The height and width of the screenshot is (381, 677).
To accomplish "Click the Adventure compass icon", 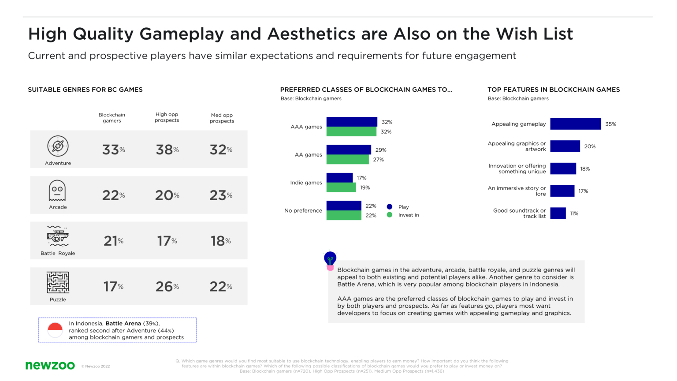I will [58, 146].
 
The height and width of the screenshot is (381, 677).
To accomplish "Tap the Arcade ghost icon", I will [57, 190].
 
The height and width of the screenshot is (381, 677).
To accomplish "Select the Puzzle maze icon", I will [58, 283].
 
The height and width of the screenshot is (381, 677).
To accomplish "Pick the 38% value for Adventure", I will [167, 150].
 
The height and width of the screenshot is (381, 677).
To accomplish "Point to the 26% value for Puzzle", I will [167, 287].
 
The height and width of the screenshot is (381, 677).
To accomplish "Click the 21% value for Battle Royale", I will [113, 241].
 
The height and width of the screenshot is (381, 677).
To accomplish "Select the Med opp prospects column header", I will [222, 118].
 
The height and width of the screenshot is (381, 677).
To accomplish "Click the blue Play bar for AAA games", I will [352, 122].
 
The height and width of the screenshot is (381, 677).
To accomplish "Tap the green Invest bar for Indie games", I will [341, 187].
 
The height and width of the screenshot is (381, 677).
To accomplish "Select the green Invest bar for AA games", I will [347, 159].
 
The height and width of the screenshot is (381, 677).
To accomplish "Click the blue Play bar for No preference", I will [344, 205].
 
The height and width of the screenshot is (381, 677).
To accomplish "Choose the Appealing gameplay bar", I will [575, 124].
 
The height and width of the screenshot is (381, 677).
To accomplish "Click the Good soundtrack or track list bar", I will [558, 213].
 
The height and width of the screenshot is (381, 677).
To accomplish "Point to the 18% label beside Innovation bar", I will [585, 169].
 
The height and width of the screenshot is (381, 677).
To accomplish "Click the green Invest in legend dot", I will [389, 215].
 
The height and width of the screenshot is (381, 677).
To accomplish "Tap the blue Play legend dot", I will [389, 207].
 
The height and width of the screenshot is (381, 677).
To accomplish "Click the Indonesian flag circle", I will [55, 330].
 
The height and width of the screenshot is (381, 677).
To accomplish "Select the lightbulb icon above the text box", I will [330, 260].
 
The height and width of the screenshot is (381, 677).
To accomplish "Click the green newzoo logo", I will [50, 365].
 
